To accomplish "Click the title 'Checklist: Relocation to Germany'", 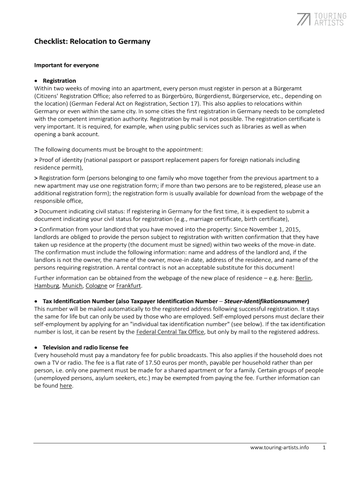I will pos(92,42).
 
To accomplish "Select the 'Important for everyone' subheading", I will pos(66,65).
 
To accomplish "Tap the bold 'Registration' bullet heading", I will pos(59,80).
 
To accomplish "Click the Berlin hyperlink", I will pos(303,278).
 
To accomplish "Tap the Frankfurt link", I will pos(129,285).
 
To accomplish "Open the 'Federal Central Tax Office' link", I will pos(170,332).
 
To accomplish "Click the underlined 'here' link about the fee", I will pos(65,386).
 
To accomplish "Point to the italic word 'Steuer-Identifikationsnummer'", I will pos(266,301).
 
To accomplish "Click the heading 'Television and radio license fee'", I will pos(86,348).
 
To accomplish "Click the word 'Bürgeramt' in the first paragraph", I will pos(307,88).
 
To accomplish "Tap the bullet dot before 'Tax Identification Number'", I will pos(36,301).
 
